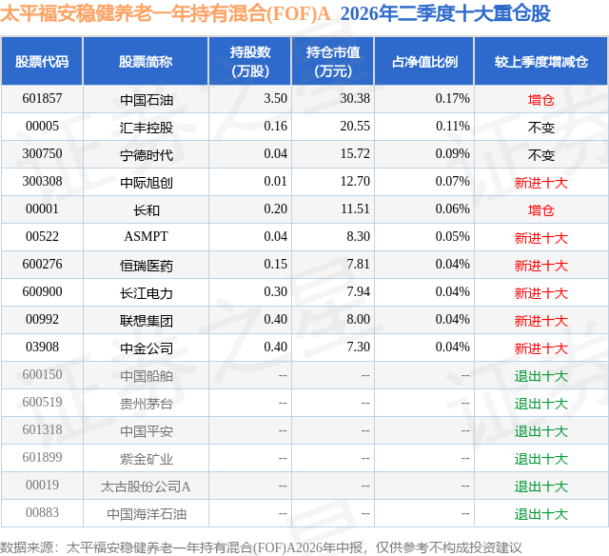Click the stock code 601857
42,98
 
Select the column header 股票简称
146,61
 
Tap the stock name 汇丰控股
147,127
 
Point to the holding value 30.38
355,98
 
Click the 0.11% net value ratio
453,126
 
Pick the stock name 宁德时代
147,154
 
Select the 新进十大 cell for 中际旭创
541,182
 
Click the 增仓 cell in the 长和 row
541,209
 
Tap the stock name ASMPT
146,236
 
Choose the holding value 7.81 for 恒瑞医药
358,264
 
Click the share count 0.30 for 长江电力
275,291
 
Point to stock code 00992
42,319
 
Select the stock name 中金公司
147,347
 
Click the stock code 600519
42,402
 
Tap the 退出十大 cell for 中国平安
541,430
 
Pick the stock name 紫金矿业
147,458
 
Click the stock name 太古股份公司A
146,486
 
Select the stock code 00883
42,512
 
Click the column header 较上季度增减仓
541,61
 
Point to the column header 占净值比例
424,61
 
